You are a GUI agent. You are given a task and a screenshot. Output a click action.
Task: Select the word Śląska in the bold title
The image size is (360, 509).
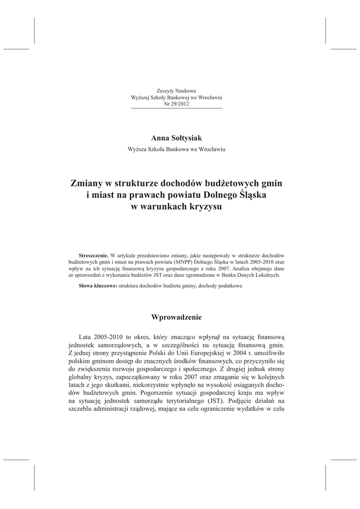(252, 195)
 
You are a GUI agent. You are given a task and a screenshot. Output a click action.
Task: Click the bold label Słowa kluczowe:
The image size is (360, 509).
(98, 286)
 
